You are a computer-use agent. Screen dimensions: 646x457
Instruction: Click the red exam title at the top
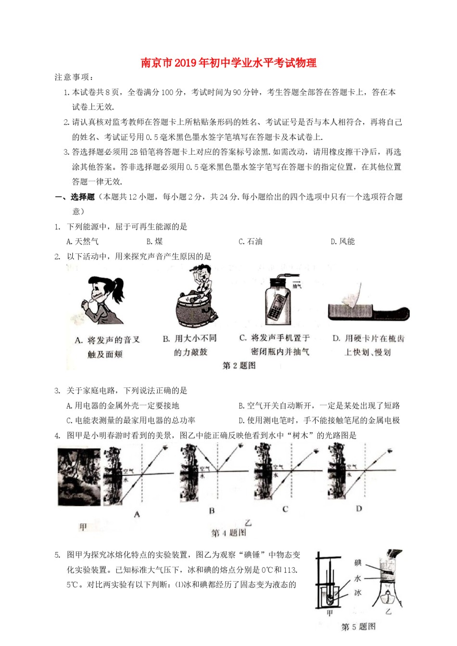[228, 63]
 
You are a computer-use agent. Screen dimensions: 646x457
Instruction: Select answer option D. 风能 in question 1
[343, 241]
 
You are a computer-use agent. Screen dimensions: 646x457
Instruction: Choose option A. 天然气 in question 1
[82, 241]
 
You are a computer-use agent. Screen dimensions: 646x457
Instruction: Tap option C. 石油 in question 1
[250, 241]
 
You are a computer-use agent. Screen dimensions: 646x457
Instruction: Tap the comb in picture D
[368, 312]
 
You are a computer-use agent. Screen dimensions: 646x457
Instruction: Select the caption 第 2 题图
[239, 366]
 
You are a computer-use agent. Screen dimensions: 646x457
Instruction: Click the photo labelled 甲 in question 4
[79, 476]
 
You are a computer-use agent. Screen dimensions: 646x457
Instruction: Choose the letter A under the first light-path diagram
[137, 514]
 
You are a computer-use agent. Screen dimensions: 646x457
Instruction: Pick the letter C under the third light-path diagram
[285, 509]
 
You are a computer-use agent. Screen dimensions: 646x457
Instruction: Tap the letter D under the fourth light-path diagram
[359, 509]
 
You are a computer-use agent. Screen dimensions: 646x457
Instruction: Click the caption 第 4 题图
[228, 533]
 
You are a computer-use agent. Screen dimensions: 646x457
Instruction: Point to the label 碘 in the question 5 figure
[358, 563]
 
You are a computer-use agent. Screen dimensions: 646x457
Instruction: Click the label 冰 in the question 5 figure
[358, 593]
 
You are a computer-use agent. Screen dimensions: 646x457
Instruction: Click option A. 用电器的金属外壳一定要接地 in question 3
[123, 406]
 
